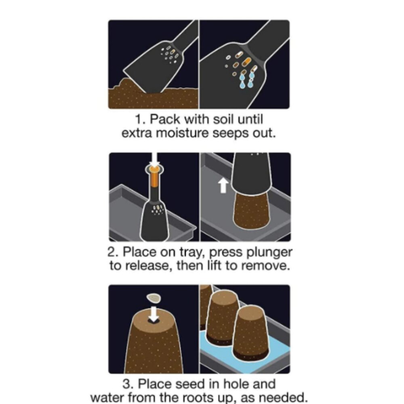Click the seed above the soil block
pyautogui.click(x=154, y=299)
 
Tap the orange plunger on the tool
pyautogui.click(x=154, y=177)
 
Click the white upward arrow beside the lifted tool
pyautogui.click(x=223, y=186)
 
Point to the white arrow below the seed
pyautogui.click(x=154, y=314)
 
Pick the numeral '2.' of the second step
pyautogui.click(x=114, y=252)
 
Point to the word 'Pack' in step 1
pyautogui.click(x=165, y=119)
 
